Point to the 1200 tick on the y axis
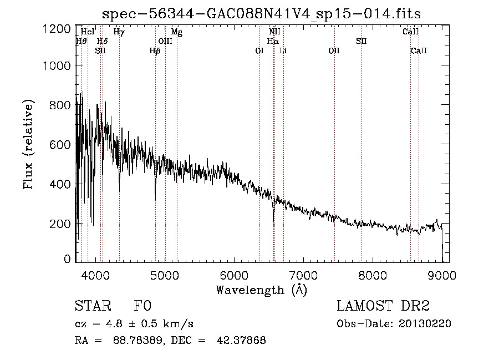57,29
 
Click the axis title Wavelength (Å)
261,290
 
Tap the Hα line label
272,41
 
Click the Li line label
283,51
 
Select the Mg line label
177,32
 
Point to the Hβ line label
155,51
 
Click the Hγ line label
119,32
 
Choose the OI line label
259,51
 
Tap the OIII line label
165,41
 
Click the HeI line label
88,32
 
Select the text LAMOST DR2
383,306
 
